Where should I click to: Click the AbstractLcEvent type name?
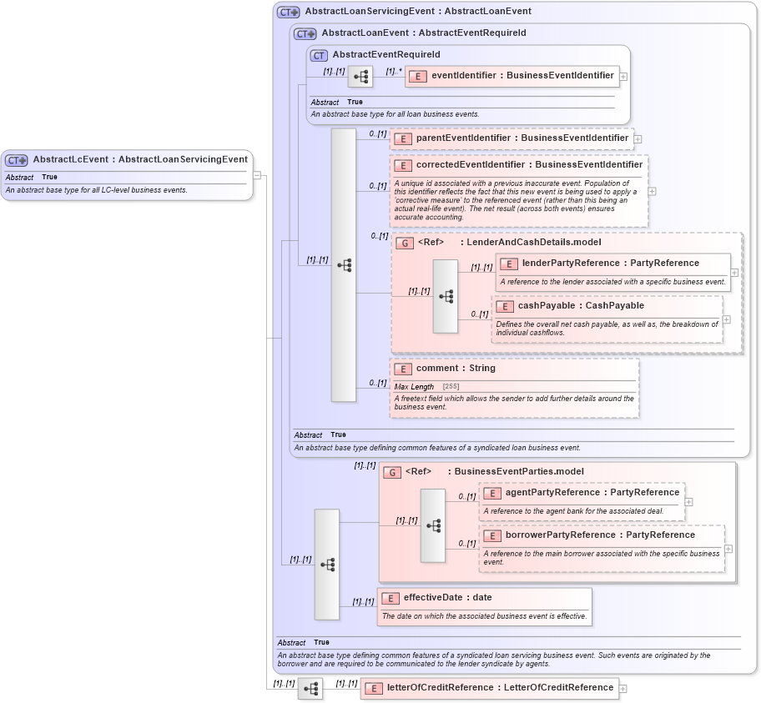(140, 159)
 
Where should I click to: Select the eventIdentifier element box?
(512, 76)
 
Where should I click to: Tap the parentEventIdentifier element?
(511, 138)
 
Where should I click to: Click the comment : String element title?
(456, 369)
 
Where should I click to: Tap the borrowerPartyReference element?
(600, 535)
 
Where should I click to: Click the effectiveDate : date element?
(447, 598)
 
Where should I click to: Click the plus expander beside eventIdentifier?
(623, 76)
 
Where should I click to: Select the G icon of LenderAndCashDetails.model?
(404, 243)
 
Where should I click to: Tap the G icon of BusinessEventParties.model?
(392, 472)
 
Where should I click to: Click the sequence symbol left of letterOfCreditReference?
(310, 689)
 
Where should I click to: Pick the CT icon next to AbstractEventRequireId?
(319, 55)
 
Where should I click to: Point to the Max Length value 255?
(451, 387)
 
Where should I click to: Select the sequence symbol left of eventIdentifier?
(360, 77)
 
